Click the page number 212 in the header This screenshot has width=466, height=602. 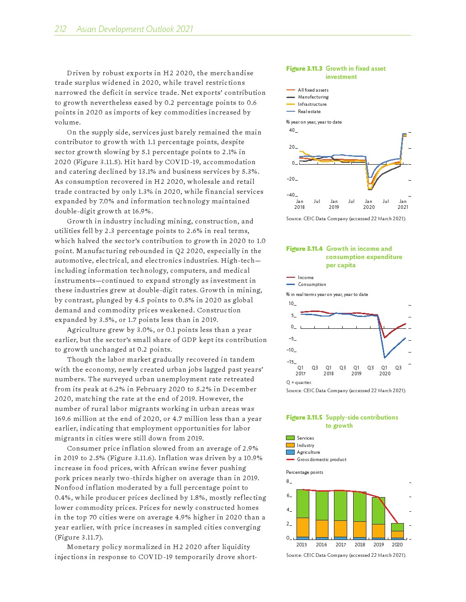click(x=60, y=29)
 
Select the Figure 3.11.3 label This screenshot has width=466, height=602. click(x=304, y=69)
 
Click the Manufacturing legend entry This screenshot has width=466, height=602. click(x=313, y=97)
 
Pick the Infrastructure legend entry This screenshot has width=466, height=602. click(x=312, y=104)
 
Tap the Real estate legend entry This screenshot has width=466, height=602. click(x=309, y=112)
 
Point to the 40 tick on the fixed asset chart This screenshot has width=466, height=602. click(x=292, y=130)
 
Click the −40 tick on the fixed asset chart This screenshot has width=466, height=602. click(x=291, y=195)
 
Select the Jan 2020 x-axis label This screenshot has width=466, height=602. click(x=369, y=204)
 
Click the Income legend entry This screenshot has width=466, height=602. click(x=306, y=278)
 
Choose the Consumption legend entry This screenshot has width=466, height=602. click(x=312, y=285)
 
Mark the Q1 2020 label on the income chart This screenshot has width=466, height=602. click(x=385, y=371)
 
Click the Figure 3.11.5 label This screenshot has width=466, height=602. click(x=304, y=418)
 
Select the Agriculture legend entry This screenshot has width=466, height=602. click(x=308, y=452)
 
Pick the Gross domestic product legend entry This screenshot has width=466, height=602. click(x=321, y=460)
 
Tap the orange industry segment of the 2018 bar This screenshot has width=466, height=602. click(x=360, y=529)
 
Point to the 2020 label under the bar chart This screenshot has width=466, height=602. click(x=397, y=545)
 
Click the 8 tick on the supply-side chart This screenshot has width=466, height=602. click(x=288, y=482)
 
